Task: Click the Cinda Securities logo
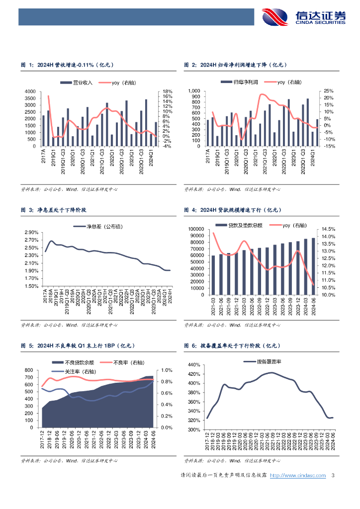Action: click(304, 17)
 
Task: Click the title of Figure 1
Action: click(67, 65)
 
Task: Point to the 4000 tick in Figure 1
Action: click(30, 92)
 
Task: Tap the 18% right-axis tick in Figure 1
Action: click(167, 92)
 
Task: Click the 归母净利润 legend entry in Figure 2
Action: click(237, 82)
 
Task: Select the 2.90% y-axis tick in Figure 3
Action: click(31, 233)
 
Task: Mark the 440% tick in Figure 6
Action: click(193, 365)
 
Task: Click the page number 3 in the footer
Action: click(333, 476)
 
